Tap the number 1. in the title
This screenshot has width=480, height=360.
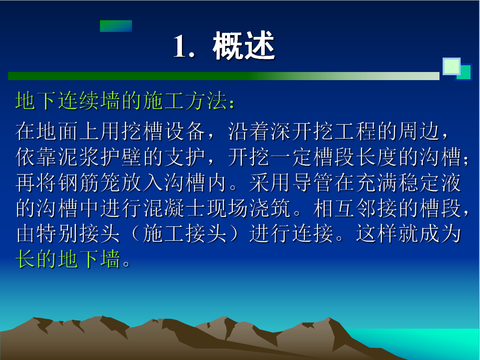(x=184, y=46)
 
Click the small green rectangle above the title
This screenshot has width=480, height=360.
(x=116, y=26)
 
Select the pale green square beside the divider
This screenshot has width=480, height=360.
(x=451, y=66)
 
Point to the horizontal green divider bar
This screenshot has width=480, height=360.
(x=224, y=76)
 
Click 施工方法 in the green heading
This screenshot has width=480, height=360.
(x=185, y=101)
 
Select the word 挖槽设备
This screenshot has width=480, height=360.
(x=163, y=131)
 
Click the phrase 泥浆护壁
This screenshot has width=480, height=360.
(x=100, y=157)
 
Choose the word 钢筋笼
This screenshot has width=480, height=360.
(x=89, y=183)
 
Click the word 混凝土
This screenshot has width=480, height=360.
(x=174, y=208)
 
